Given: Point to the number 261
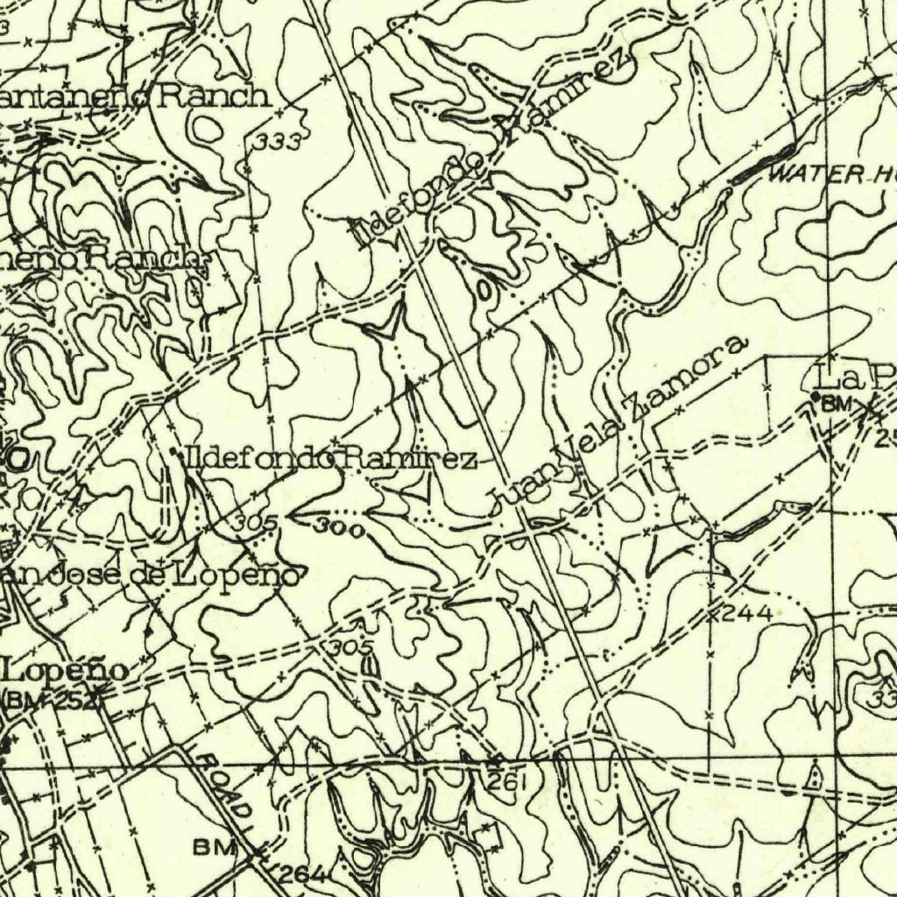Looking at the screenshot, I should click(x=508, y=784).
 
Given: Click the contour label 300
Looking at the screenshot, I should click(x=335, y=527).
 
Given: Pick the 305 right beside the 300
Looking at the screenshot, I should click(x=256, y=523).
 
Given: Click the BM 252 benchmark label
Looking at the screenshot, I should click(x=52, y=699).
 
